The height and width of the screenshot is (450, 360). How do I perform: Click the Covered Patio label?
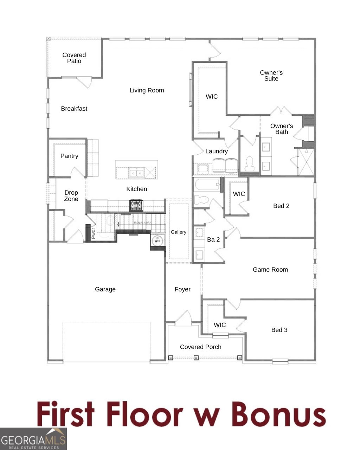(x=74, y=58)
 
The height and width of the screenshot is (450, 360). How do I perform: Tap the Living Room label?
(x=147, y=90)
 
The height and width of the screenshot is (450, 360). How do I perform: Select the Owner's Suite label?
(x=271, y=76)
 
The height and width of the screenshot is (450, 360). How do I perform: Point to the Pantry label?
(x=69, y=156)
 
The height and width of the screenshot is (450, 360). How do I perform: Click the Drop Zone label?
(x=71, y=196)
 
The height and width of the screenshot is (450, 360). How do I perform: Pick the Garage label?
(x=105, y=289)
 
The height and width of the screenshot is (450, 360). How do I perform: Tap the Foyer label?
(x=182, y=289)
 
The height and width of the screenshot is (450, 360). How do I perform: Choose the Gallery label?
(x=179, y=232)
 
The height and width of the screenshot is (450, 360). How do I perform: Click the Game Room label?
(x=270, y=270)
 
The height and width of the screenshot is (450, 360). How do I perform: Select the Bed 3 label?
(x=279, y=330)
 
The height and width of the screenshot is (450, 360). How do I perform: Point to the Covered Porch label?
(x=201, y=347)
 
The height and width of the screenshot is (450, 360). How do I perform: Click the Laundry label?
(x=217, y=151)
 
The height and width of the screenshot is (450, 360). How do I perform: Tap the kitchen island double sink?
(x=136, y=173)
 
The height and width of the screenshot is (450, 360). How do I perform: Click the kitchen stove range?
(x=136, y=205)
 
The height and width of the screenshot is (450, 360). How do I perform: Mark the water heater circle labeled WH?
(x=157, y=241)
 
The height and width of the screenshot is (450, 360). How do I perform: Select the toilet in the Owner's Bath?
(x=250, y=163)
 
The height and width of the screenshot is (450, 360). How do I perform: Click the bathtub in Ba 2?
(x=207, y=185)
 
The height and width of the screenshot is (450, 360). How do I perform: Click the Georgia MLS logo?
(x=33, y=439)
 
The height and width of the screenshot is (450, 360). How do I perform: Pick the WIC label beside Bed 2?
(x=239, y=194)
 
